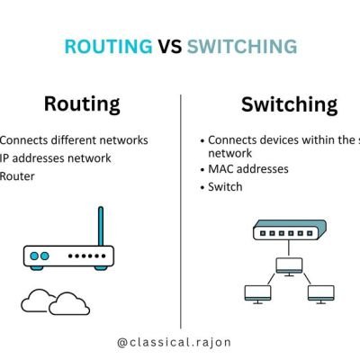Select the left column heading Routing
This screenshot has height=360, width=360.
[82, 104]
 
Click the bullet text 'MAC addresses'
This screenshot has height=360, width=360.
[249, 170]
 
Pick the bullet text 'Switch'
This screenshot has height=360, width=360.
[229, 187]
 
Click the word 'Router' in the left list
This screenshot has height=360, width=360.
[18, 176]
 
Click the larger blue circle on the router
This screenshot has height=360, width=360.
[35, 256]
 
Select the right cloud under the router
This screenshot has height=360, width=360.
[70, 305]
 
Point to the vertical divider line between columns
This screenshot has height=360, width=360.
[181, 207]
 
